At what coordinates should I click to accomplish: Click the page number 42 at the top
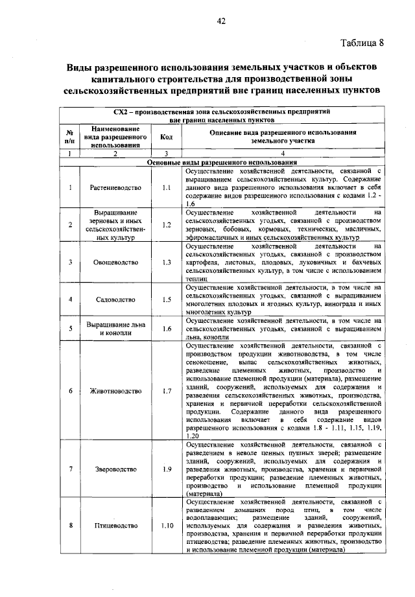coord(220,22)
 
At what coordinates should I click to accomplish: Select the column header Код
coord(166,137)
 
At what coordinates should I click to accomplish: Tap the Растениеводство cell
coord(114,187)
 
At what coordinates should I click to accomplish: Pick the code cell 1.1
coord(166,187)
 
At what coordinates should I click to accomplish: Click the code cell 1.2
coord(166,225)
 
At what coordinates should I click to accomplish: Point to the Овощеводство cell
coord(114,263)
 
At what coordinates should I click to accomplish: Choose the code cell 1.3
coord(166,263)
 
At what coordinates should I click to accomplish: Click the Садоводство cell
coord(114,299)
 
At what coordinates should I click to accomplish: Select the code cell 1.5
coord(166,299)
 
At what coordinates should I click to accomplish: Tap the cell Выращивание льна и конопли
coord(114,329)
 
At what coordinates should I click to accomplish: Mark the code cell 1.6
coord(166,329)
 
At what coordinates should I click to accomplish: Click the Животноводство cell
coord(114,391)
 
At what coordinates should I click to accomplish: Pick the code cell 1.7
coord(166,391)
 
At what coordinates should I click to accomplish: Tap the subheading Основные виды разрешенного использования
coord(220,161)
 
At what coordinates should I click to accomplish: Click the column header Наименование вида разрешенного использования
coord(114,137)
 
